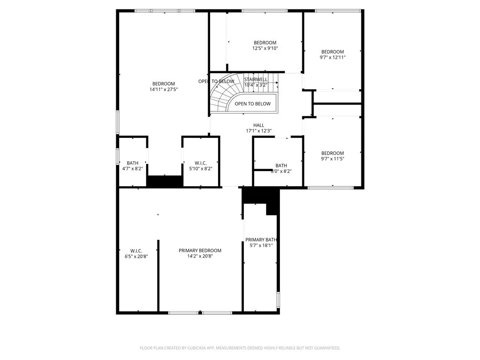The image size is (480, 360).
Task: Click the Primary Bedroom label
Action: pyautogui.click(x=200, y=250)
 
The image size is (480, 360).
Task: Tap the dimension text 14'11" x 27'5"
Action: pyautogui.click(x=164, y=89)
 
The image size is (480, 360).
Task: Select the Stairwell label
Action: pyautogui.click(x=255, y=80)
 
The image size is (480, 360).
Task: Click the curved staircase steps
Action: pyautogui.click(x=220, y=96)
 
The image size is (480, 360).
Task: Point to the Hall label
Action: pyautogui.click(x=259, y=125)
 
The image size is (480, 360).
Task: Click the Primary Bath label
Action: pyautogui.click(x=262, y=240)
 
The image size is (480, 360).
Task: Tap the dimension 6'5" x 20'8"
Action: pyautogui.click(x=136, y=256)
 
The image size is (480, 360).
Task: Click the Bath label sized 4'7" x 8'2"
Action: pyautogui.click(x=133, y=163)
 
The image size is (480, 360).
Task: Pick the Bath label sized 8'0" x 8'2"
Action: pyautogui.click(x=281, y=165)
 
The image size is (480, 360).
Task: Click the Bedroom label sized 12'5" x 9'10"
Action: pyautogui.click(x=265, y=43)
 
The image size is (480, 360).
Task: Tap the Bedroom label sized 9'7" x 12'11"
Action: pyautogui.click(x=332, y=52)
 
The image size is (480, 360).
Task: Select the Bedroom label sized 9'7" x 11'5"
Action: pyautogui.click(x=332, y=153)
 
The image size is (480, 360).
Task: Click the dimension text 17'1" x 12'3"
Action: pyautogui.click(x=259, y=131)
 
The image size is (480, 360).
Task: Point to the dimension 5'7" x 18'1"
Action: pyautogui.click(x=262, y=245)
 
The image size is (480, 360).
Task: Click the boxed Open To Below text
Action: pyautogui.click(x=252, y=104)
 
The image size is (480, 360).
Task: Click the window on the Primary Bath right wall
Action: pyautogui.click(x=278, y=299)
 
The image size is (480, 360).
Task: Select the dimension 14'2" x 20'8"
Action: pyautogui.click(x=200, y=256)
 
